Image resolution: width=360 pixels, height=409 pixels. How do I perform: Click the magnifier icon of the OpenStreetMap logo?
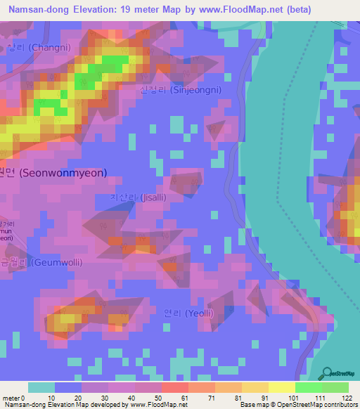pos(326,372)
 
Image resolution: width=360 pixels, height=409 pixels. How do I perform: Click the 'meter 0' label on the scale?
pos(14,398)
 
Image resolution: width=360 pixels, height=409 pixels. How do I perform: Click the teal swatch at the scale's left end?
pos(41,387)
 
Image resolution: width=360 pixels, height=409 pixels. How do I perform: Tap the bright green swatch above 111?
pos(308,387)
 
